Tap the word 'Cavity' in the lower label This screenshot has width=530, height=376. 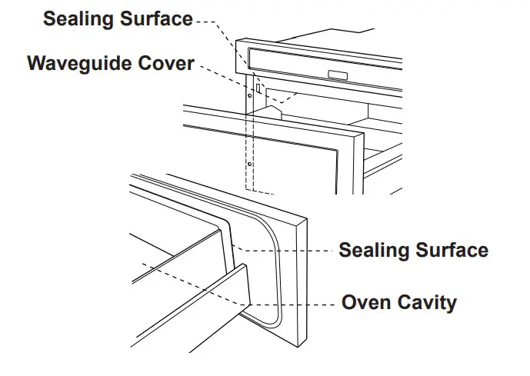[x=427, y=302]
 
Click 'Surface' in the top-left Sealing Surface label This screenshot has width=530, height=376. [x=157, y=19]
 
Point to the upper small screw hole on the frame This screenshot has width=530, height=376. [x=250, y=96]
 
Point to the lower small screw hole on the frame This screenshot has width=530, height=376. [x=251, y=164]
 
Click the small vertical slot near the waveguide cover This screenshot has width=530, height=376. [x=259, y=90]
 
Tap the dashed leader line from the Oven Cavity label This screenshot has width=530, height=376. [x=292, y=302]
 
